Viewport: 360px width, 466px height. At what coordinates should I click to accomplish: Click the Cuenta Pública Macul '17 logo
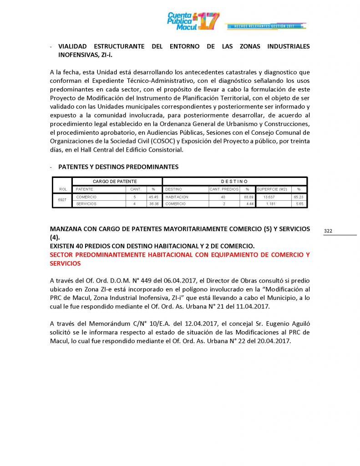(x=193, y=21)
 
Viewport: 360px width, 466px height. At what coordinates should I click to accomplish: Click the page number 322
(x=328, y=231)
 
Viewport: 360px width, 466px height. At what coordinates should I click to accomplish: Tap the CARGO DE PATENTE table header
(x=117, y=181)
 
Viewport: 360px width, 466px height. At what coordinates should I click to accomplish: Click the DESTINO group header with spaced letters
(x=234, y=181)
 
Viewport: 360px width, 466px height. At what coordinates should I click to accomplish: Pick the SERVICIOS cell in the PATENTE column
(x=86, y=204)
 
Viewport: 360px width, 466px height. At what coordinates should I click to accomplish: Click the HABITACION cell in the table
(x=177, y=197)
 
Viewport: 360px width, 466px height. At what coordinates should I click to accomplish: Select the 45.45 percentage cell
(x=153, y=197)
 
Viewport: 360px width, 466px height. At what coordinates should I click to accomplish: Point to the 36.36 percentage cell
(x=153, y=204)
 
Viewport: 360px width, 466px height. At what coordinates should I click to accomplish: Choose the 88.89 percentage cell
(x=248, y=197)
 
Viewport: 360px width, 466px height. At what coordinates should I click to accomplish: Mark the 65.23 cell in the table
(x=299, y=197)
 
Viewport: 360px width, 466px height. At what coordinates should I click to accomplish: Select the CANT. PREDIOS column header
(x=224, y=189)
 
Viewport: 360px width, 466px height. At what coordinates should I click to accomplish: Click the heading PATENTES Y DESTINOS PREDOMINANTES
(x=118, y=167)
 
